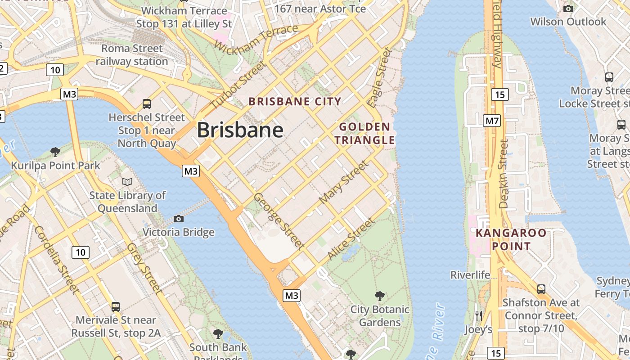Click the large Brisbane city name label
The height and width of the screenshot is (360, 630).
240,130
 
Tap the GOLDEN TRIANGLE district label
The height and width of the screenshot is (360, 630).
364,134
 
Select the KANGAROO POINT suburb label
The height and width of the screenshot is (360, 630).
511,239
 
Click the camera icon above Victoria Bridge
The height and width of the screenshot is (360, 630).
179,219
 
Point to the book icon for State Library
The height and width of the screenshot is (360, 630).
127,182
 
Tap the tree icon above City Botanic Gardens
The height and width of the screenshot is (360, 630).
380,296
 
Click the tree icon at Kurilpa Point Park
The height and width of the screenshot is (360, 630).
55,152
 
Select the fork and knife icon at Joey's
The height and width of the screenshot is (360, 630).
478,316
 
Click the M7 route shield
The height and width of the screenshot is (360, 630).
491,121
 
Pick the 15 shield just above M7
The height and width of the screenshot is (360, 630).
500,94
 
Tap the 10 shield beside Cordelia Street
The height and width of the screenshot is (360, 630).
81,252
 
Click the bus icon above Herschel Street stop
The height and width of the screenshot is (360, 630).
146,104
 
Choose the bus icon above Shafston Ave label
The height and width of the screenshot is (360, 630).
541,289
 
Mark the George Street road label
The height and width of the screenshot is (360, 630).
279,220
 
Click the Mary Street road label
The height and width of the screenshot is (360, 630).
343,182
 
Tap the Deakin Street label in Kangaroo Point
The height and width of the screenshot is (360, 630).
504,174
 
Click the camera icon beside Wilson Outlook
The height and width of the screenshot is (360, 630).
568,9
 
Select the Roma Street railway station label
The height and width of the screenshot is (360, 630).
132,55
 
